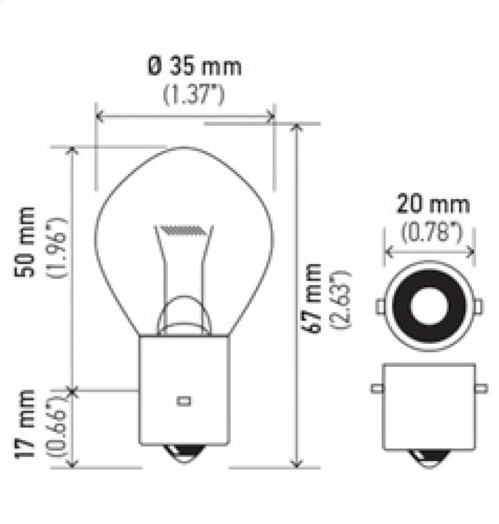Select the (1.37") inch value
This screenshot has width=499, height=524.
point(193,94)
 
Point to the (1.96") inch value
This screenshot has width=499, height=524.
point(57,247)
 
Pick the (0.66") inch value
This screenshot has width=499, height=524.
point(57,428)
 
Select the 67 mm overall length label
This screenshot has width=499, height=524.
point(313,298)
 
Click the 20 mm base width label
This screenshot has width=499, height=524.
point(432,205)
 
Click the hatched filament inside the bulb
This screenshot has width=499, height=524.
point(183,229)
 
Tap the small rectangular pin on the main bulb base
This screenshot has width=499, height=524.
point(184,400)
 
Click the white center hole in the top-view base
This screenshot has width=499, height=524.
point(430,306)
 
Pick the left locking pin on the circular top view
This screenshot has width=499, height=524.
point(380,306)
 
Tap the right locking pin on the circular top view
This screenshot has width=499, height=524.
point(479,306)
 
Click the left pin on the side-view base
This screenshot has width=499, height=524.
point(376,389)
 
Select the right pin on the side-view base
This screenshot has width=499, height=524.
point(482,389)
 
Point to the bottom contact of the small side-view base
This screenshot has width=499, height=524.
point(430,457)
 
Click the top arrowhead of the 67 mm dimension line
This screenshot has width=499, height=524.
point(297,129)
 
